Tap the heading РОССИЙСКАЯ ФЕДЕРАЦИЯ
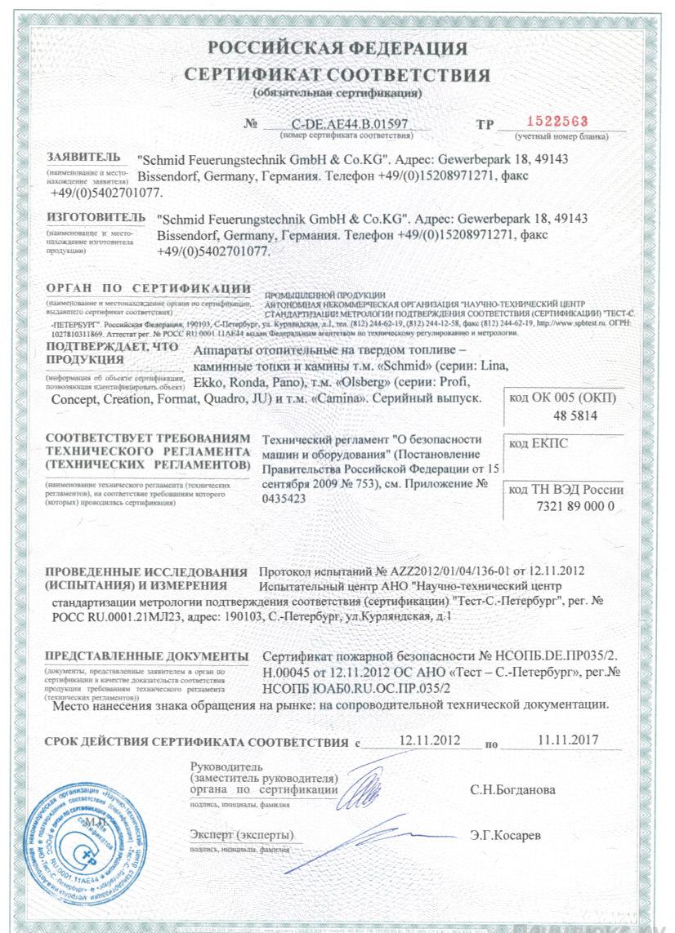point(337,49)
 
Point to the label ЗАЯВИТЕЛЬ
point(83,156)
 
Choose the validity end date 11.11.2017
point(569,740)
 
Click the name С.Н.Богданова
point(512,790)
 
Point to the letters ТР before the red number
point(485,125)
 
